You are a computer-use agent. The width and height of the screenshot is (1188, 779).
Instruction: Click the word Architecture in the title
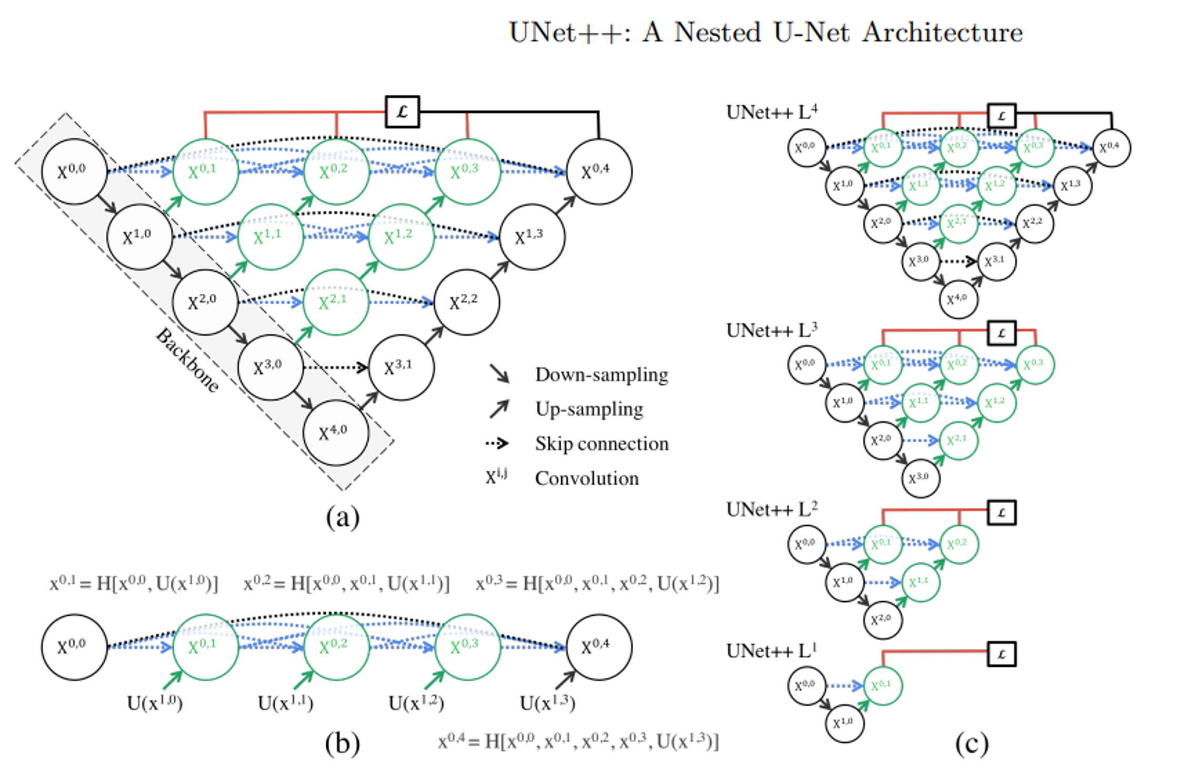[x=942, y=33]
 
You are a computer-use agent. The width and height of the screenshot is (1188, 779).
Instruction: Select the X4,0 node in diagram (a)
[x=335, y=433]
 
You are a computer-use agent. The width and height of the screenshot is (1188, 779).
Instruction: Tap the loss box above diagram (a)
[x=402, y=112]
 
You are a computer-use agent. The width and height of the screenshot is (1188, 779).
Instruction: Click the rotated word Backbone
[x=188, y=360]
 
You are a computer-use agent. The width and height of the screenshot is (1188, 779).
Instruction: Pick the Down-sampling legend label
[x=601, y=375]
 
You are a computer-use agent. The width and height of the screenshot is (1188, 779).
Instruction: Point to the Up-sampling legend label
[x=589, y=409]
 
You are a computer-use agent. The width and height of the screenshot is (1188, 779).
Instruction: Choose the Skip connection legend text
[x=602, y=444]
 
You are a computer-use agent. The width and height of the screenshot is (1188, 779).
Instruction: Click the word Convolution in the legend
[x=587, y=478]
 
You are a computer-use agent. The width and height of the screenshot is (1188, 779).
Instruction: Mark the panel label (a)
[x=342, y=517]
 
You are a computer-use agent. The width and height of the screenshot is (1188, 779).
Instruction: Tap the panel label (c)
[x=972, y=744]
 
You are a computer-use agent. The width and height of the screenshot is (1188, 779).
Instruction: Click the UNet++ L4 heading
[x=772, y=112]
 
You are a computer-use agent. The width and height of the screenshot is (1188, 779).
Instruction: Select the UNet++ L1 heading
[x=772, y=651]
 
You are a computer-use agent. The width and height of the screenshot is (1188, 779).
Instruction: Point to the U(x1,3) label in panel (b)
[x=547, y=703]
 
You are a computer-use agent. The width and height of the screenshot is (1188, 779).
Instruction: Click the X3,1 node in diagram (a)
[x=401, y=367]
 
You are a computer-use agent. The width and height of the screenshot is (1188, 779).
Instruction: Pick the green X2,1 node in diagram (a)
[x=335, y=302]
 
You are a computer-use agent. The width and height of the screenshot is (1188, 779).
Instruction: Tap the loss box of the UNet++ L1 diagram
[x=1001, y=654]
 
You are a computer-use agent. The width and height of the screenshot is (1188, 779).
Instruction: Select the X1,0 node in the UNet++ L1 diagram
[x=844, y=723]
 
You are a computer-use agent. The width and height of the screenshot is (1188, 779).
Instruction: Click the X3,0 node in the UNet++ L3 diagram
[x=920, y=478]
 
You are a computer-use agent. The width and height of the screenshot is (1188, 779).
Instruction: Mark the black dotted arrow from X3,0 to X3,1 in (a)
[x=336, y=367]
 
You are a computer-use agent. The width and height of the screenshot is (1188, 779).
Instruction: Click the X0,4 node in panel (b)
[x=598, y=647]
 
